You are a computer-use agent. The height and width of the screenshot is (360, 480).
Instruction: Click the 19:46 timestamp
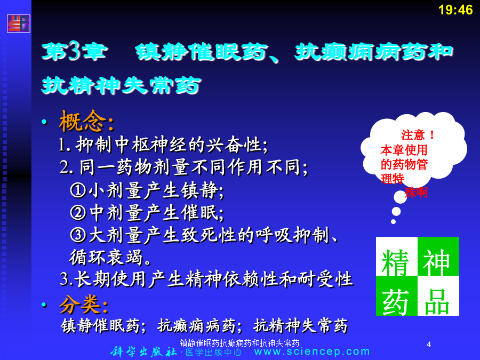pyautogui.click(x=455, y=10)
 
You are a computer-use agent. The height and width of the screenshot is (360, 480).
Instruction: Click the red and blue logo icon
pyautogui.click(x=18, y=23)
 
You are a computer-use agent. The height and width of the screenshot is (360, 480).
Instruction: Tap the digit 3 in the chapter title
pyautogui.click(x=74, y=51)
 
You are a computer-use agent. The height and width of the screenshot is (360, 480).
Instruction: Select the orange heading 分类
pyautogui.click(x=79, y=305)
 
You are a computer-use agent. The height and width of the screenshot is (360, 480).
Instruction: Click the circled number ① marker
pyautogui.click(x=78, y=190)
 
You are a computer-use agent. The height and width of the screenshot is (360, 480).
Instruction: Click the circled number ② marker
pyautogui.click(x=78, y=212)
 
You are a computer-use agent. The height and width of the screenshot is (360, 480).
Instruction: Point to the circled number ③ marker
pyautogui.click(x=78, y=235)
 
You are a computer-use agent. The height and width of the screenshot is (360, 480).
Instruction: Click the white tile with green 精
pyautogui.click(x=396, y=256)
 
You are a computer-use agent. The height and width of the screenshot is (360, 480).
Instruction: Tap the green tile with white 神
pyautogui.click(x=438, y=256)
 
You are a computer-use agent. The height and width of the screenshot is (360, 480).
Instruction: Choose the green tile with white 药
pyautogui.click(x=396, y=295)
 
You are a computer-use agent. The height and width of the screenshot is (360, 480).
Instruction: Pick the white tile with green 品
pyautogui.click(x=438, y=295)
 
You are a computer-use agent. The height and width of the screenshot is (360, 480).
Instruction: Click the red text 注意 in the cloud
pyautogui.click(x=413, y=135)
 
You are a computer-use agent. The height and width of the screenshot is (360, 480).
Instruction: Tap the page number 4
pyautogui.click(x=429, y=345)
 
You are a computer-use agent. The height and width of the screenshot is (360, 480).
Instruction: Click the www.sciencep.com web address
pyautogui.click(x=312, y=351)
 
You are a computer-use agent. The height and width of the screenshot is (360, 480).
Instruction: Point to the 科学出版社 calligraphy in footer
pyautogui.click(x=143, y=351)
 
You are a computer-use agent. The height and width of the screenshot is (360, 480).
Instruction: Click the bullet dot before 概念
pyautogui.click(x=45, y=122)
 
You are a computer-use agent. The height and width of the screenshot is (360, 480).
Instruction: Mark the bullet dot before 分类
pyautogui.click(x=45, y=305)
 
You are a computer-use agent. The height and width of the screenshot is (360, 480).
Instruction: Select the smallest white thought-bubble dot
pyautogui.click(x=394, y=222)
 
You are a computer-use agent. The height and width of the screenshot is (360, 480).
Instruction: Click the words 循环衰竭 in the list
pyautogui.click(x=106, y=257)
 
